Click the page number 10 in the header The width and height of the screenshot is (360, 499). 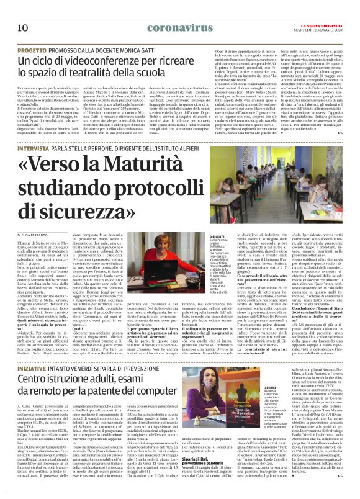(x=22, y=11)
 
